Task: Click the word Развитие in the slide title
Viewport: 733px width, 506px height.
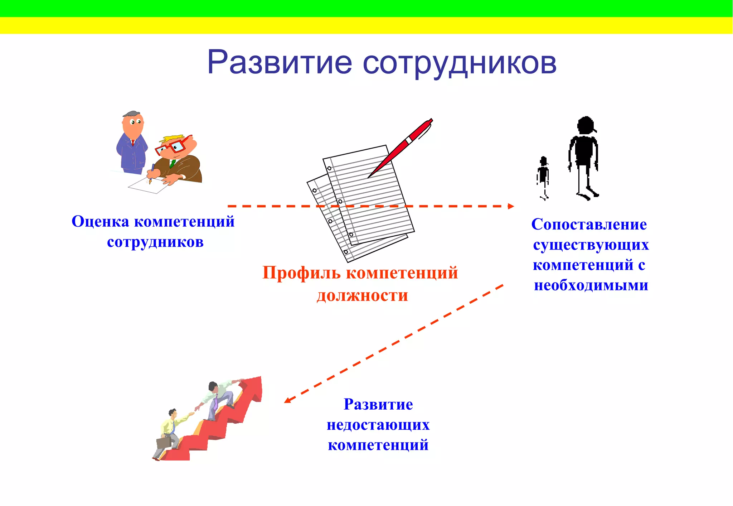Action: coord(280,63)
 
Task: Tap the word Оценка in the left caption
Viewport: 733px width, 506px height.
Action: coord(100,222)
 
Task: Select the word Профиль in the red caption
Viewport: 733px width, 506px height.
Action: coord(301,273)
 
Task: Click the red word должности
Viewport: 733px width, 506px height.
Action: coord(362,296)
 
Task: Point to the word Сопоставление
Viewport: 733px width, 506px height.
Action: coord(589,225)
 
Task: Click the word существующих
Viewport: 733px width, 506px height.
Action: coord(591,245)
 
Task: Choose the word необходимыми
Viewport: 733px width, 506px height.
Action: coord(591,285)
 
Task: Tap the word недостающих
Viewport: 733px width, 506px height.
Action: coord(378,425)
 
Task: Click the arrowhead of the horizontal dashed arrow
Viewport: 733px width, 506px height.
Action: coord(511,206)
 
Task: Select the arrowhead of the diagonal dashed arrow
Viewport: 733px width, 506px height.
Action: coord(287,400)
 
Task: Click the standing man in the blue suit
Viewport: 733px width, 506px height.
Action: coord(132,143)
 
